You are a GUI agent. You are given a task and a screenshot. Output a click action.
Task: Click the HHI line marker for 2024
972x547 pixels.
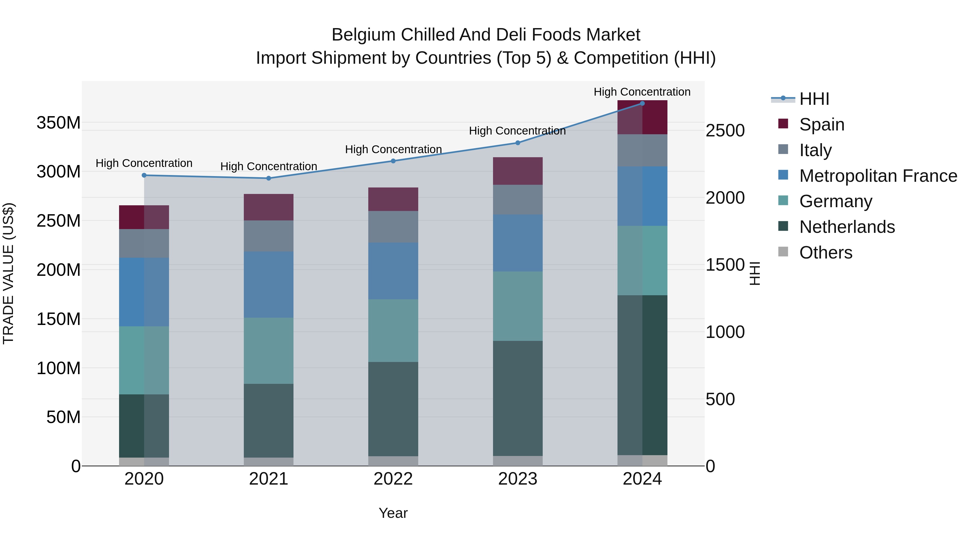point(642,103)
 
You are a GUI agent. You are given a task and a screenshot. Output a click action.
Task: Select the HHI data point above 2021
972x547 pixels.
point(269,178)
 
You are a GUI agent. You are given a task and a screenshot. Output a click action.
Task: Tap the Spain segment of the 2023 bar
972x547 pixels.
point(518,171)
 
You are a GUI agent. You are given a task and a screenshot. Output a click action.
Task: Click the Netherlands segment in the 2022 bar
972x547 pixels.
point(393,409)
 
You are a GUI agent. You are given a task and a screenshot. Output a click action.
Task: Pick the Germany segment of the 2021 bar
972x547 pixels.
point(269,351)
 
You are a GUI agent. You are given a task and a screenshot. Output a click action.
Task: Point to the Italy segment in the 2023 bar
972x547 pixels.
point(518,200)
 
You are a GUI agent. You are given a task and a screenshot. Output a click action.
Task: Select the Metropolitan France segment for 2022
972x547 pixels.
point(393,271)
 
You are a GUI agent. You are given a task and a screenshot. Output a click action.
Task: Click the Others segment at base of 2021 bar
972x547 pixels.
point(269,461)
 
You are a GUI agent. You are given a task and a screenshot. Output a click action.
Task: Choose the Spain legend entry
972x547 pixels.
point(821,125)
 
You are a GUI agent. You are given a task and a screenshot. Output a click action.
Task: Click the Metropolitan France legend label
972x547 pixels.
point(878,176)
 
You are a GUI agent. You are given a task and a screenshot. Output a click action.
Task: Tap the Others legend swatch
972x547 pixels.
point(783,252)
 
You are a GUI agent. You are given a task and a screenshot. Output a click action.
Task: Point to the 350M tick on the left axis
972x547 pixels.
point(59,123)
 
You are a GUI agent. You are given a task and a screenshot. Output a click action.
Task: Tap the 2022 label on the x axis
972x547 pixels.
point(393,479)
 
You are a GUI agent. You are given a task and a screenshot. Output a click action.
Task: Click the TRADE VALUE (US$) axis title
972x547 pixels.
point(8,273)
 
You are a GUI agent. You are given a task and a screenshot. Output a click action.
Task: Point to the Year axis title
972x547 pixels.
point(393,513)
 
